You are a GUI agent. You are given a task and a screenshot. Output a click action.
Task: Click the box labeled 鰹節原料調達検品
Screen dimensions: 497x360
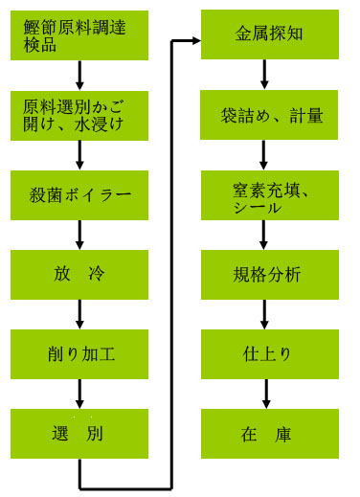click(x=80, y=35)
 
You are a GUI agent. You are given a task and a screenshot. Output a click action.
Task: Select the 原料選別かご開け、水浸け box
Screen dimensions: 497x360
click(x=80, y=115)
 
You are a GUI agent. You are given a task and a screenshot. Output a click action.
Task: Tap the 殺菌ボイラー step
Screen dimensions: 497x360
click(x=80, y=195)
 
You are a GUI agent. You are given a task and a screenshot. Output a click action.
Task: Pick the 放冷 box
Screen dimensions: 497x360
click(x=80, y=275)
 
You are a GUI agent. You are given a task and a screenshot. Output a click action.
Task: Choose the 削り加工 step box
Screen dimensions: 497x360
click(x=80, y=354)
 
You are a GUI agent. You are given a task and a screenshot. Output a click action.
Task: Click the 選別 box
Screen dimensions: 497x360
click(x=80, y=434)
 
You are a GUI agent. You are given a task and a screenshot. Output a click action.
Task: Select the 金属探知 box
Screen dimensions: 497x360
click(x=267, y=35)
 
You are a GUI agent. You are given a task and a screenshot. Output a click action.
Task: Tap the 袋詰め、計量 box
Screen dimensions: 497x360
click(x=267, y=115)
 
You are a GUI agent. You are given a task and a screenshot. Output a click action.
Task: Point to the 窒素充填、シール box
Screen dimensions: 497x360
click(x=267, y=195)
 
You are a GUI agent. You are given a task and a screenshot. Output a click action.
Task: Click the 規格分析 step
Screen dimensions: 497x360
click(x=267, y=275)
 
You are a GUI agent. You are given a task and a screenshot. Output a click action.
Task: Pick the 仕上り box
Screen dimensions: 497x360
click(x=267, y=354)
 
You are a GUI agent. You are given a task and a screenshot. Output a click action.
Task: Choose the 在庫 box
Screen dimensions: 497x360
click(x=267, y=434)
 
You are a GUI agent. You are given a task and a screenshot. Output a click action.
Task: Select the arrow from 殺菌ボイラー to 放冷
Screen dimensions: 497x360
click(x=80, y=235)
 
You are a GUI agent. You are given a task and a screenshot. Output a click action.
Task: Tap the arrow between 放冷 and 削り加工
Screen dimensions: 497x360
click(x=80, y=314)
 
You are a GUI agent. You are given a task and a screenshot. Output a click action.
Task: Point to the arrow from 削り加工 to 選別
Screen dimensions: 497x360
click(x=80, y=394)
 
